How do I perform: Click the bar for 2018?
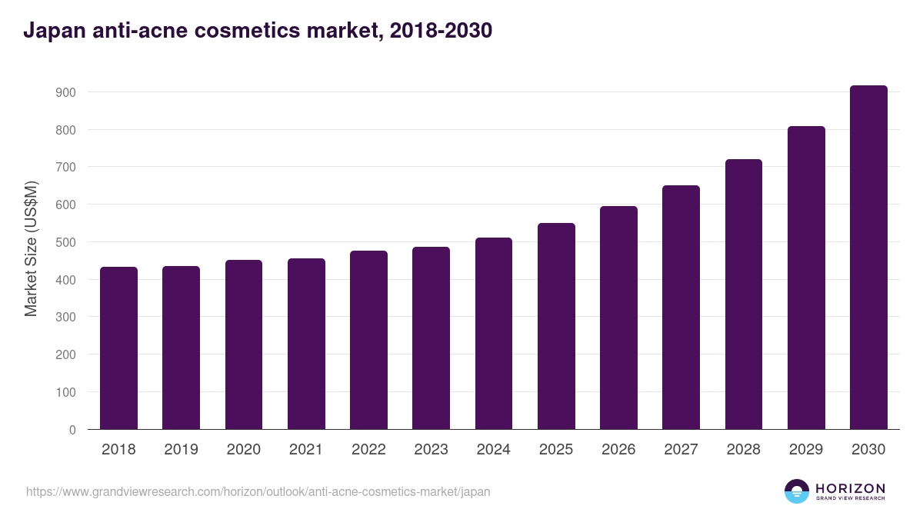point(118,348)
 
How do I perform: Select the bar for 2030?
point(868,258)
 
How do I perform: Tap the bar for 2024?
point(494,334)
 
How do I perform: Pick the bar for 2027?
point(681,308)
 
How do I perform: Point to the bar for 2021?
point(306,344)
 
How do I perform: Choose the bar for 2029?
point(806,278)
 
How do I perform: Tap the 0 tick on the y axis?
point(72,430)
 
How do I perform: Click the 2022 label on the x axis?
point(368,450)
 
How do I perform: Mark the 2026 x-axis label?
point(618,450)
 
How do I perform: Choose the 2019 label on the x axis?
point(181,450)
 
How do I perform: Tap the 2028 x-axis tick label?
point(744,450)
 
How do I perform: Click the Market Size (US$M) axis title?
point(31,249)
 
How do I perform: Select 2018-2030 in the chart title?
point(441,32)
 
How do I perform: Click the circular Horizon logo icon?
point(797,491)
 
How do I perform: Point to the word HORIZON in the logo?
point(850,488)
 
